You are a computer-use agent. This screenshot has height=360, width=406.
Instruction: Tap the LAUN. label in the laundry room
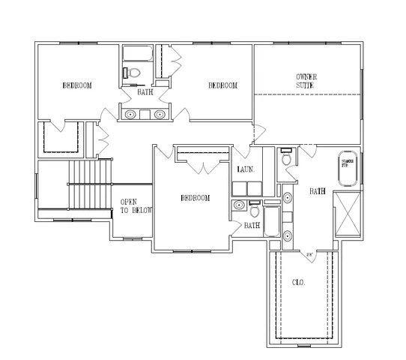pyautogui.click(x=246, y=170)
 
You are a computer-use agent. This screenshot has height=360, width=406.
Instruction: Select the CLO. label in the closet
pyautogui.click(x=297, y=283)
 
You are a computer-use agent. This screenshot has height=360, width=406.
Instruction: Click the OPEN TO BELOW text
pyautogui.click(x=136, y=206)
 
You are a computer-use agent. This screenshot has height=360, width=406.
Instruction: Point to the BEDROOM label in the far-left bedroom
pyautogui.click(x=77, y=86)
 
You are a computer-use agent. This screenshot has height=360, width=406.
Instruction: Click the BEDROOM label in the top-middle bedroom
pyautogui.click(x=222, y=86)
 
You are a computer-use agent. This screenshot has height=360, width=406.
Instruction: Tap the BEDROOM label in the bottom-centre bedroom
pyautogui.click(x=195, y=198)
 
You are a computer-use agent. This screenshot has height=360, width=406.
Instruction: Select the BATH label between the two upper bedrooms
pyautogui.click(x=145, y=92)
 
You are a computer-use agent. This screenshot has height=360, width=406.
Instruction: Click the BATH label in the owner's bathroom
pyautogui.click(x=318, y=191)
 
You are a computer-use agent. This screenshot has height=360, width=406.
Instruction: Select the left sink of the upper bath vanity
pyautogui.click(x=131, y=114)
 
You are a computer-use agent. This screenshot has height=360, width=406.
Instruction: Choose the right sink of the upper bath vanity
pyautogui.click(x=160, y=114)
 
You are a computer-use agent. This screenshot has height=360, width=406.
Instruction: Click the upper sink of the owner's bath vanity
pyautogui.click(x=288, y=199)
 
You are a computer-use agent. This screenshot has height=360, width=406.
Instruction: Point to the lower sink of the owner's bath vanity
pyautogui.click(x=288, y=236)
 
